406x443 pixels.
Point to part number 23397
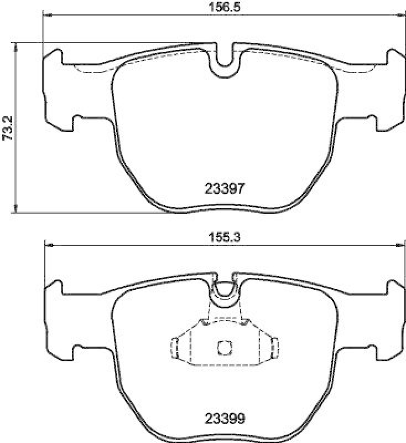coord(225,189)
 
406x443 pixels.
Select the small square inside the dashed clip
coord(225,347)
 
